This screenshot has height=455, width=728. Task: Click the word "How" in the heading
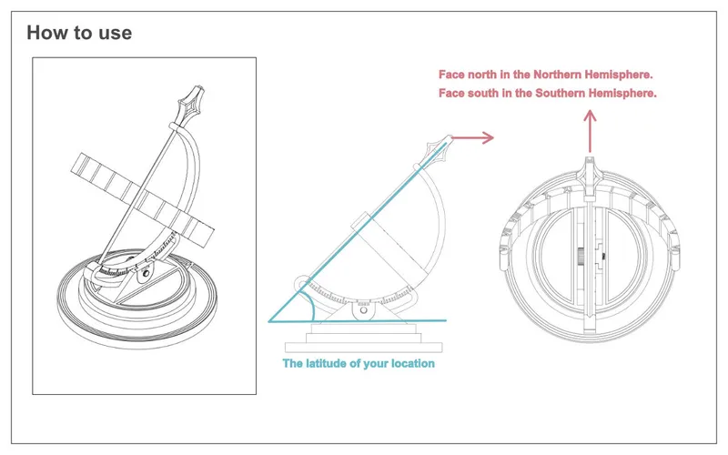45,33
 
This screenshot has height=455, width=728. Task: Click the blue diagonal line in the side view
364,227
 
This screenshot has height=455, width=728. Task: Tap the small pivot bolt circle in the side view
366,310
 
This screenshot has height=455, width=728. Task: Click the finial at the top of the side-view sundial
448,144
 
